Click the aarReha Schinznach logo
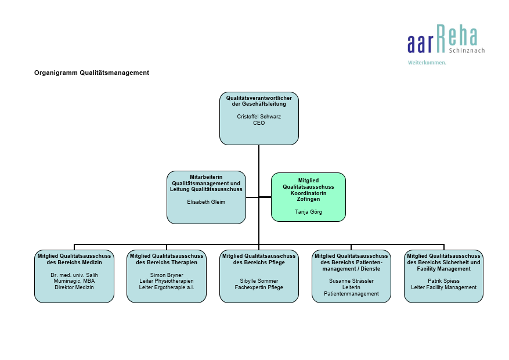(x=446, y=39)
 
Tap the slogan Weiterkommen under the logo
(x=427, y=63)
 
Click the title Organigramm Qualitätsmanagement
(x=92, y=73)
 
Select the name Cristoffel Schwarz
(x=259, y=117)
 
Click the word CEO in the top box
(x=259, y=123)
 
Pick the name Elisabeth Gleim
(x=206, y=202)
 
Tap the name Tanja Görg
(x=308, y=212)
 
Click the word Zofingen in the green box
(x=308, y=199)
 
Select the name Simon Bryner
(x=167, y=275)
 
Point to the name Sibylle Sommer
(x=259, y=281)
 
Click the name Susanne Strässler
(x=351, y=281)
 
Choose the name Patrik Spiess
(x=443, y=281)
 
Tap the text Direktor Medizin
(x=74, y=287)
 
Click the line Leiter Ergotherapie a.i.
(x=167, y=287)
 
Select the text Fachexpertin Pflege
(x=259, y=287)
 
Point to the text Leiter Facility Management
(x=443, y=287)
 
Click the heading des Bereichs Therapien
(x=167, y=262)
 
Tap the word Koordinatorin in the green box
(x=308, y=193)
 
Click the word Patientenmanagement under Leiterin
(x=351, y=294)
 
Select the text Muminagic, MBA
(x=74, y=281)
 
